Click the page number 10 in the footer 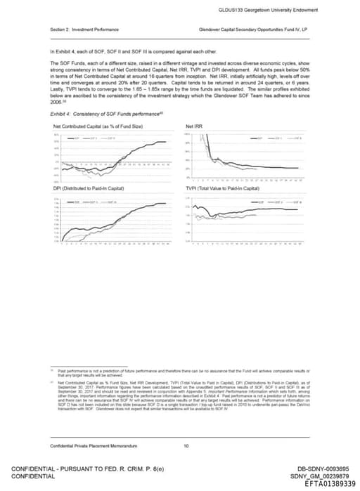click(x=186, y=446)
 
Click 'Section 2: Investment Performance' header click(x=84, y=30)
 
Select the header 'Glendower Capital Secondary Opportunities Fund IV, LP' click(x=255, y=30)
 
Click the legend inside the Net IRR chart click(x=281, y=138)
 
